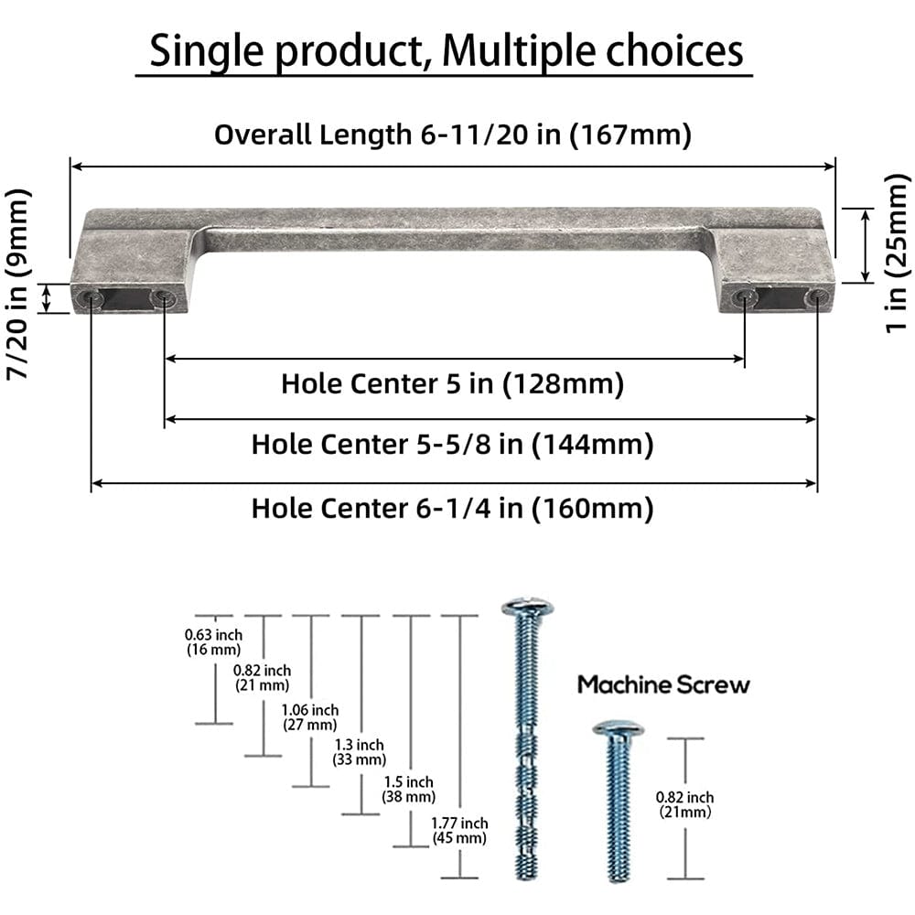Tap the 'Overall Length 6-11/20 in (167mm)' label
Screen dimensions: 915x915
click(452, 135)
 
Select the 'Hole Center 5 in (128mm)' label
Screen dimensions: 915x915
click(452, 383)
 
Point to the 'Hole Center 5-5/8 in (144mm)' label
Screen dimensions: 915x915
click(452, 445)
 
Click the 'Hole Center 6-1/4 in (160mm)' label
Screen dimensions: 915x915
click(452, 507)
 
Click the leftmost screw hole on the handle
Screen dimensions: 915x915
click(92, 299)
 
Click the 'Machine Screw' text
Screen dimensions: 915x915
click(663, 684)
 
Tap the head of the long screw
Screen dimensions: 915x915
click(526, 608)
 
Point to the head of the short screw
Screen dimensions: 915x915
click(617, 729)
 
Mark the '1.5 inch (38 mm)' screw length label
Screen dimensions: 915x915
click(408, 789)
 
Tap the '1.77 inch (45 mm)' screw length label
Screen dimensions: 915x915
click(459, 831)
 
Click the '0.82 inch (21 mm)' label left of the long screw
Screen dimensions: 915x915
click(262, 678)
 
